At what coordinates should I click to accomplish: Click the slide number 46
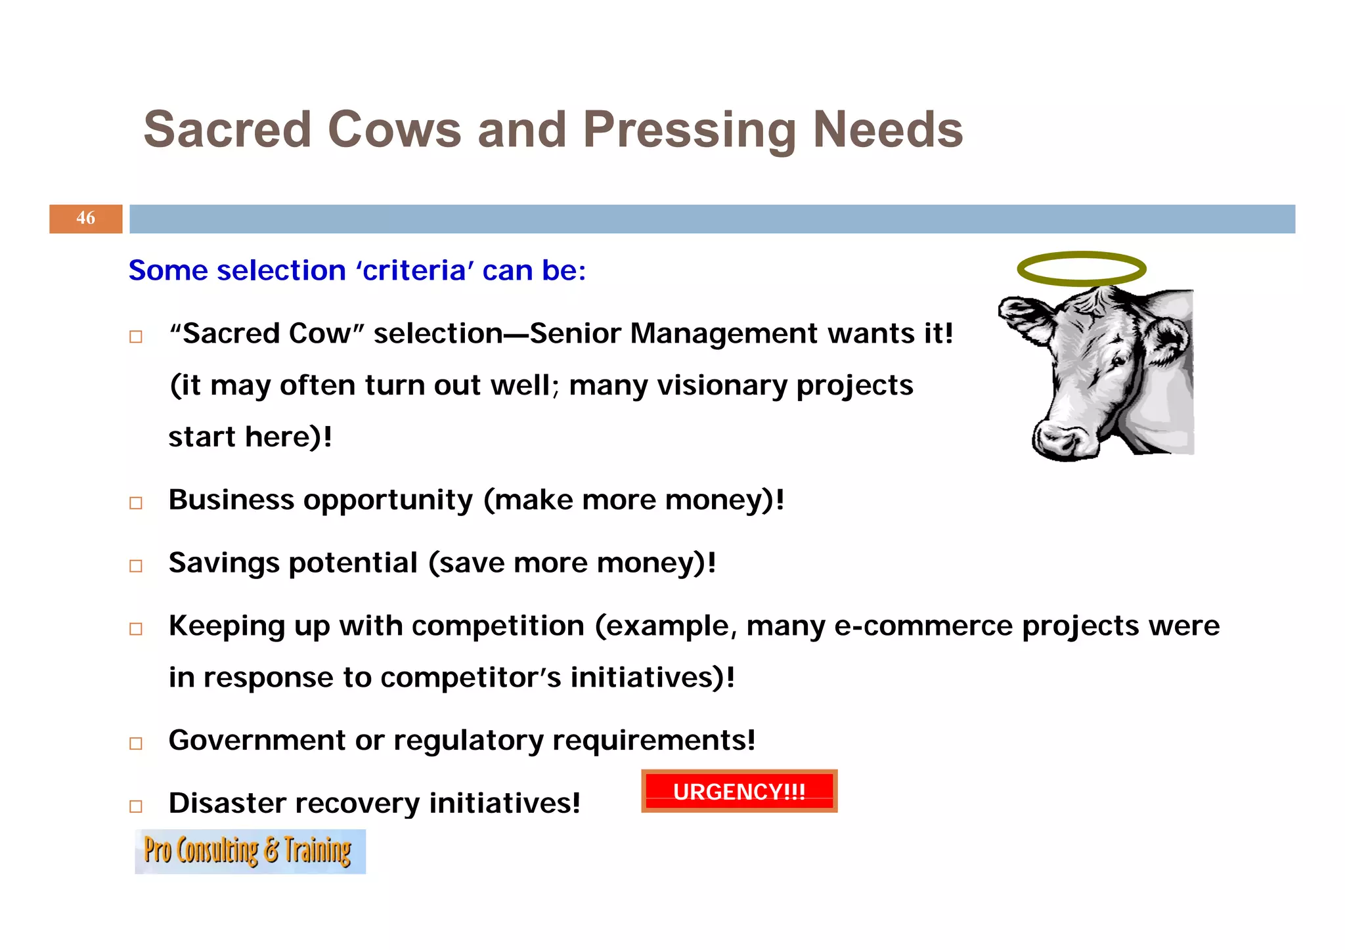pos(85,218)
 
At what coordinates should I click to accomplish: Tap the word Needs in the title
pos(887,129)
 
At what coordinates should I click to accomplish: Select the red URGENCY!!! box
pos(739,791)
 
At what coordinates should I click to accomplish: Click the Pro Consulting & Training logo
pos(250,852)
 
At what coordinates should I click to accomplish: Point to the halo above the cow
pos(1081,268)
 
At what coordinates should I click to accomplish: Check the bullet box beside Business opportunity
pos(136,503)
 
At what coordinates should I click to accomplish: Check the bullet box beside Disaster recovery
pos(136,806)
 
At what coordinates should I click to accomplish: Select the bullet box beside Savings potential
pos(136,566)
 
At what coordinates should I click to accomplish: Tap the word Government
pos(257,740)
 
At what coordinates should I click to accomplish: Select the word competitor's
pos(470,678)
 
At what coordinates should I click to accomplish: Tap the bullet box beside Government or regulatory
pos(136,743)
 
